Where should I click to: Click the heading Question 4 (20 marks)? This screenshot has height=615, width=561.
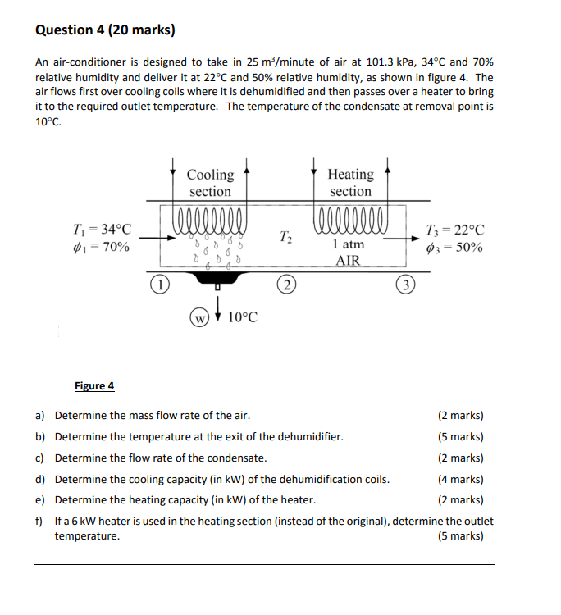pos(105,30)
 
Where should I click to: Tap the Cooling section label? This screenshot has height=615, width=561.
pos(210,183)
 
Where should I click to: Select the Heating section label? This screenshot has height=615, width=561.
pos(350,183)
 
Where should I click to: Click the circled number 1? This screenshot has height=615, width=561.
pos(161,285)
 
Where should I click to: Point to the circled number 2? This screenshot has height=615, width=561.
pos(286,285)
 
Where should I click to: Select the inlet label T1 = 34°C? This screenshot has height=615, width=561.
pos(101,230)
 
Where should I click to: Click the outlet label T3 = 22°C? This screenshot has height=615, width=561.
pos(455,230)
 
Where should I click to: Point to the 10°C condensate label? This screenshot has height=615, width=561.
pos(242,317)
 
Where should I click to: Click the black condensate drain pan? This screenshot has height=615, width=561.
pos(217,279)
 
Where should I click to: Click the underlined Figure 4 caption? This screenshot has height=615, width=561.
pos(94,385)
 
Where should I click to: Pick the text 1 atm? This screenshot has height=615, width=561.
pos(349,244)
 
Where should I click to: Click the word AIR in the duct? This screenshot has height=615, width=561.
pos(349,261)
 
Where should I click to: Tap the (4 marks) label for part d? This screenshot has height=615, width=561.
pos(461,480)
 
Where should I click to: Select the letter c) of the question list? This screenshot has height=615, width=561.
pos(40,458)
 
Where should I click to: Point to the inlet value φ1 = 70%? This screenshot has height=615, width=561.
pos(101,247)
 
